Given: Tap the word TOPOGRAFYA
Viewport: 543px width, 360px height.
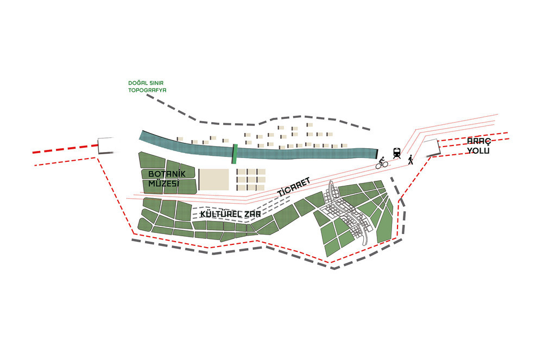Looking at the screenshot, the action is click(147, 90).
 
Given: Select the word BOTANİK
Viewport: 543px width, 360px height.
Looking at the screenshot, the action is click(167, 174).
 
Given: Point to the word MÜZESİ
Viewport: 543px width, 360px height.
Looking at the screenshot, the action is click(163, 184).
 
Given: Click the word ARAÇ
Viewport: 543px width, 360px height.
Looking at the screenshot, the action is click(479, 142).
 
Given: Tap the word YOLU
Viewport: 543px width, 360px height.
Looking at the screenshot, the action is click(479, 150).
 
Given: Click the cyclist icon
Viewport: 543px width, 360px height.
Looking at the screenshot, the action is click(382, 163).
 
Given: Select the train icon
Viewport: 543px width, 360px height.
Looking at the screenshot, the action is click(396, 153).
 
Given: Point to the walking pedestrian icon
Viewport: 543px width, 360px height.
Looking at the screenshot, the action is click(411, 160).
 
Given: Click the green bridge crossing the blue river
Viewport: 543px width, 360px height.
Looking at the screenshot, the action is click(235, 154).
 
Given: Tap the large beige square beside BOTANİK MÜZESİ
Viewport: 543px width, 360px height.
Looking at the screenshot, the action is click(213, 180).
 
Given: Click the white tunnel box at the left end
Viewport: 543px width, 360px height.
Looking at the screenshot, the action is click(106, 146).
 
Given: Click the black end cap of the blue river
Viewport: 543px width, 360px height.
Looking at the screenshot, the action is click(376, 154).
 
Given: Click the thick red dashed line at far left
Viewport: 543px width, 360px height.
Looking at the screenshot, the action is click(65, 149).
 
